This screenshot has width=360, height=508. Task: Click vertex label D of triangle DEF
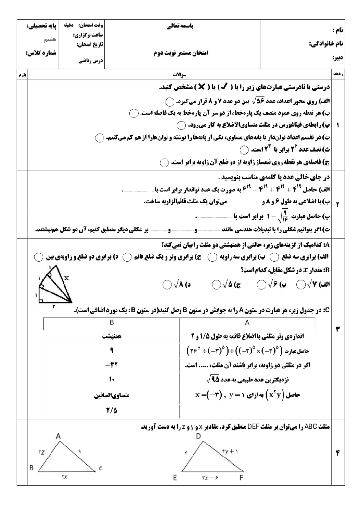point(198,436)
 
